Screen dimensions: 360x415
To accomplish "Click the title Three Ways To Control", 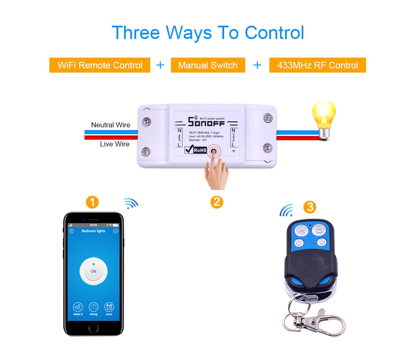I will pyautogui.click(x=207, y=33).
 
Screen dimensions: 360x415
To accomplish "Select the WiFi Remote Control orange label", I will pyautogui.click(x=100, y=65).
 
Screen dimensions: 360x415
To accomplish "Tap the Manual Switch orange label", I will pyautogui.click(x=207, y=65).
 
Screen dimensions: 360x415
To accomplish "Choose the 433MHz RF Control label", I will pyautogui.click(x=317, y=65).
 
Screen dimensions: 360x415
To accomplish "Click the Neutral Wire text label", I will pyautogui.click(x=110, y=125).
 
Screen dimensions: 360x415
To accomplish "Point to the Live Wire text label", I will pyautogui.click(x=115, y=144).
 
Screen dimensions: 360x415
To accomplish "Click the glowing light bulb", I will pyautogui.click(x=324, y=114).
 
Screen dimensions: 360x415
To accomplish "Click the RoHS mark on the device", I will pyautogui.click(x=195, y=150).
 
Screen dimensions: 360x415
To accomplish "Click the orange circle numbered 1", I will pyautogui.click(x=92, y=202).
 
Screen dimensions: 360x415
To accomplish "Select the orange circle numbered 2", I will pyautogui.click(x=217, y=202).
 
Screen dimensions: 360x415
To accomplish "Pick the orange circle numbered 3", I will pyautogui.click(x=309, y=207).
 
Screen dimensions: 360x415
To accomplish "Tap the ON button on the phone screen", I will pyautogui.click(x=93, y=271).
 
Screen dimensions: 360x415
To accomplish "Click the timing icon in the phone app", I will pyautogui.click(x=93, y=307).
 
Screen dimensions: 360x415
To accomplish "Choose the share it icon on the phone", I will pyautogui.click(x=78, y=307).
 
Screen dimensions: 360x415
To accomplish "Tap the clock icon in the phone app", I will pyautogui.click(x=109, y=307).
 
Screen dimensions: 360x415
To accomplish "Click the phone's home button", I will pyautogui.click(x=93, y=328).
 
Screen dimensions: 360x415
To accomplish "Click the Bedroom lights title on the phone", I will pyautogui.click(x=93, y=231).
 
